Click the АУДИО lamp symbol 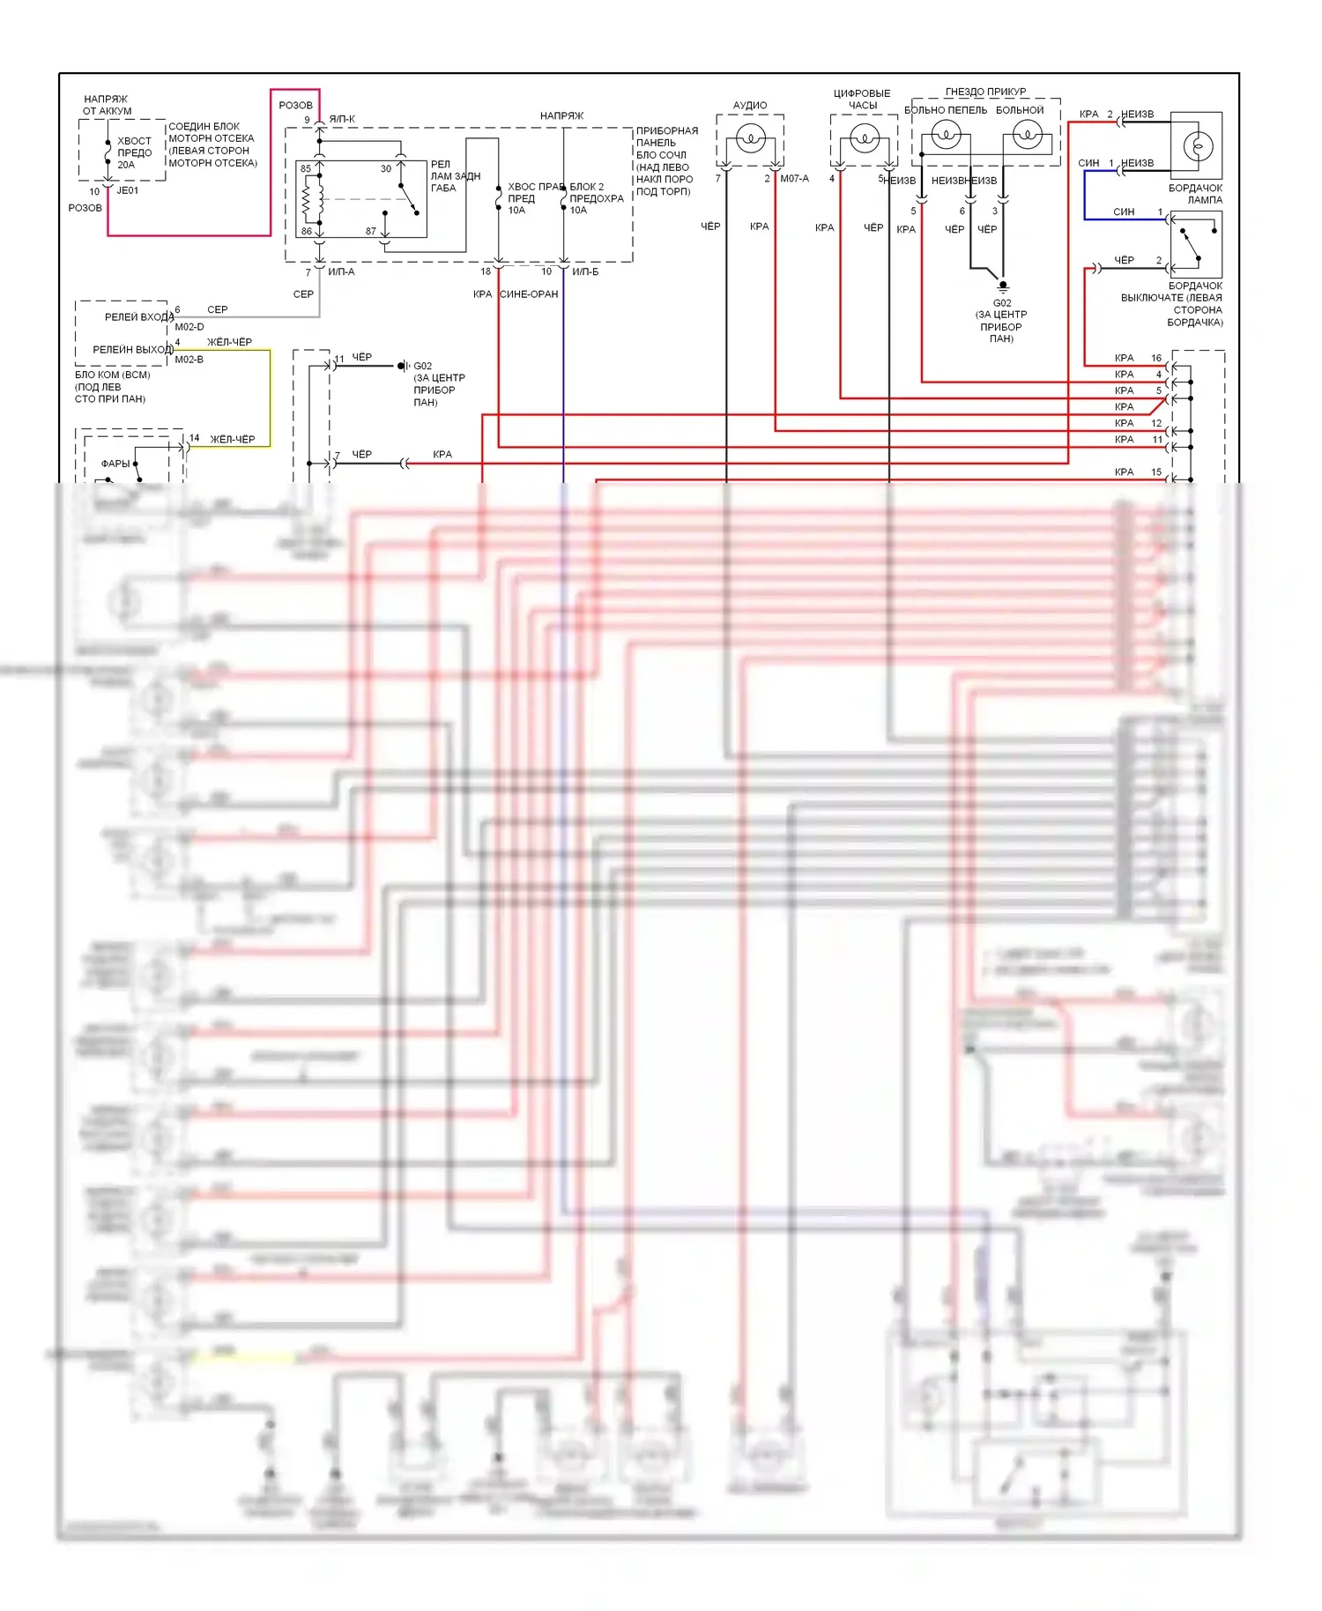[x=750, y=138]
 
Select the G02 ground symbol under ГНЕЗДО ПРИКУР [x=1002, y=286]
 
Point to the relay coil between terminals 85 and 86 [x=308, y=200]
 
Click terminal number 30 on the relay [x=386, y=169]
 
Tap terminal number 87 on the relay [x=371, y=232]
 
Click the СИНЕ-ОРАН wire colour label [x=529, y=294]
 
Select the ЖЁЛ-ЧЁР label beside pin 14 [x=233, y=439]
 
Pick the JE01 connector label [x=128, y=190]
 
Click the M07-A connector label [x=794, y=179]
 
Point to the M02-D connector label [x=189, y=327]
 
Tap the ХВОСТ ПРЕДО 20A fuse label [x=134, y=152]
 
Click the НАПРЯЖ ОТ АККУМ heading [x=107, y=105]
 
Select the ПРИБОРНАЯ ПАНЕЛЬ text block [x=666, y=160]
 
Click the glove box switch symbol [x=1196, y=245]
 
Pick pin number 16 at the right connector [x=1156, y=358]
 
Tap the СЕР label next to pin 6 [x=217, y=309]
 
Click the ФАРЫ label [x=115, y=464]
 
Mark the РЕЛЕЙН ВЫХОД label [x=132, y=350]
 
